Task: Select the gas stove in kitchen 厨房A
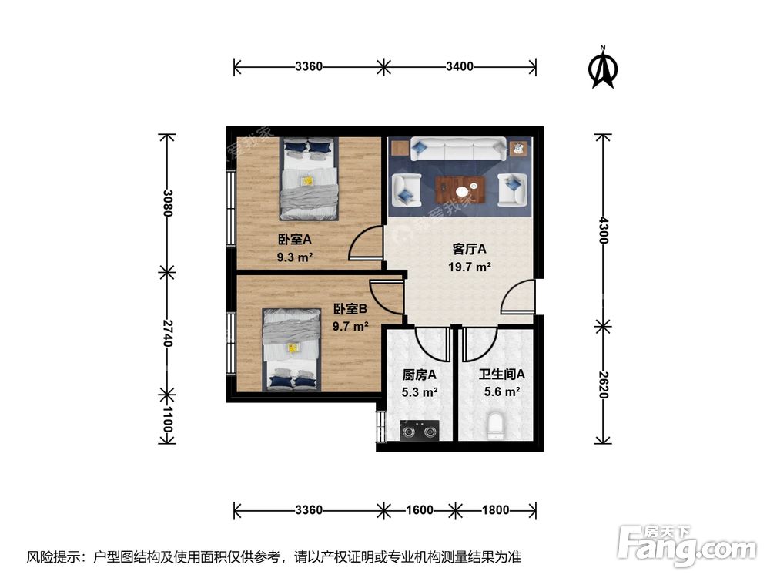click(419, 431)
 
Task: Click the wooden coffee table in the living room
click(460, 190)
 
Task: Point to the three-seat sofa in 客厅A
click(459, 149)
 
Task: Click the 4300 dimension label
click(604, 230)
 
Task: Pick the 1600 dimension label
click(420, 510)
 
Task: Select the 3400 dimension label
click(459, 66)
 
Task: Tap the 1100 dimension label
click(167, 419)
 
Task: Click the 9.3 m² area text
click(295, 257)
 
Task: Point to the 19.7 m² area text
click(470, 267)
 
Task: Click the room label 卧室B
click(350, 309)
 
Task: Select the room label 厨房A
click(420, 375)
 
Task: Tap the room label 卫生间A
click(502, 375)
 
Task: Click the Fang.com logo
click(687, 545)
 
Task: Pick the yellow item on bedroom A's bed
click(307, 180)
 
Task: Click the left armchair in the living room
click(406, 190)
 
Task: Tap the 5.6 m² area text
click(502, 391)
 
